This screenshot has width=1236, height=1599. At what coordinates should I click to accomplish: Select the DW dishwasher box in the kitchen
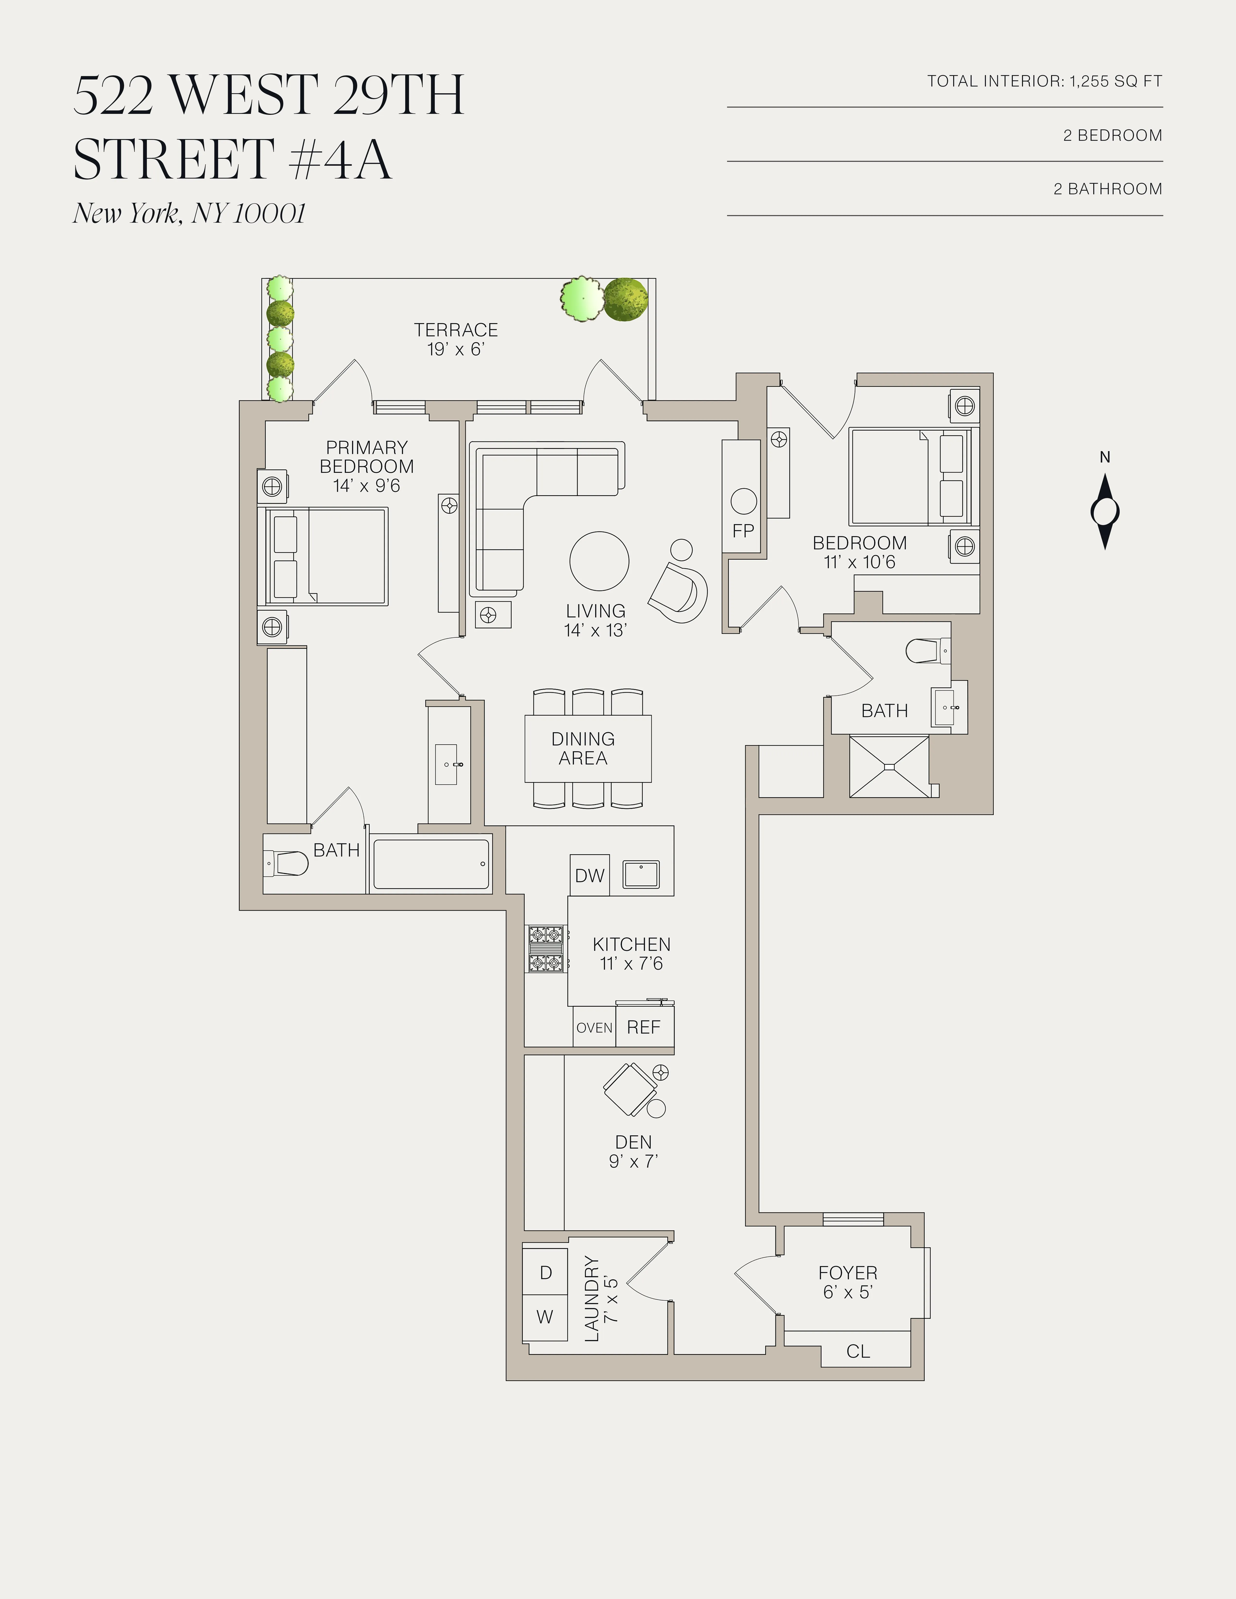[589, 875]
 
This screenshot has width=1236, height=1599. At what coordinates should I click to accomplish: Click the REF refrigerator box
[644, 1027]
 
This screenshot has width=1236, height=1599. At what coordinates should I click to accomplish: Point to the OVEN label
[594, 1028]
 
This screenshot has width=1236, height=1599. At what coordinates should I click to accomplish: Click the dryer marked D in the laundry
[546, 1272]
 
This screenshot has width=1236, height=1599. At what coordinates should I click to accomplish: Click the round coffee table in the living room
[599, 561]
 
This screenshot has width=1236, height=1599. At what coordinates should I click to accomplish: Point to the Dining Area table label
[583, 748]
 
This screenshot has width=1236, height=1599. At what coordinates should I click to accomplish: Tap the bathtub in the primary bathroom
[431, 864]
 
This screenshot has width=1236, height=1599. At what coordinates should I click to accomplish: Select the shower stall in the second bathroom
[888, 767]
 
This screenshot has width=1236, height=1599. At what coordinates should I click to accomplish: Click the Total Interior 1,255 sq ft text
[1044, 81]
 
